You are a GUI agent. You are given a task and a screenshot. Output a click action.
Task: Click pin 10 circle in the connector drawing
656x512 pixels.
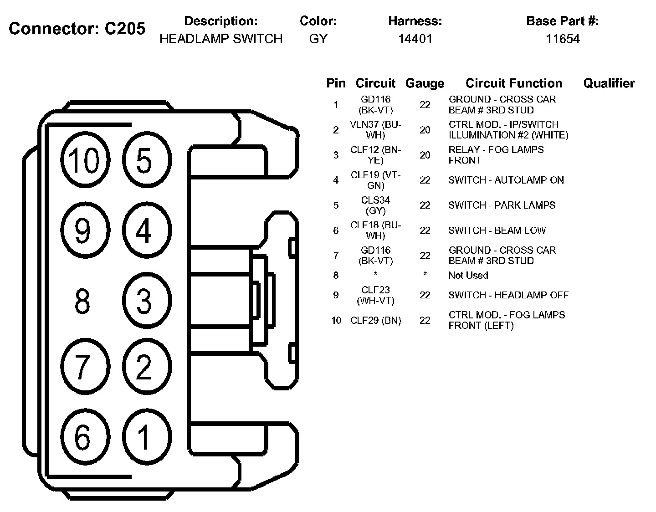click(85, 160)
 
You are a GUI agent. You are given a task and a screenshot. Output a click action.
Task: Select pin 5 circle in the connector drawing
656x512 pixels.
click(146, 160)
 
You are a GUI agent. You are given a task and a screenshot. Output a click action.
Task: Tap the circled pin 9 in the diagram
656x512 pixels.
click(85, 230)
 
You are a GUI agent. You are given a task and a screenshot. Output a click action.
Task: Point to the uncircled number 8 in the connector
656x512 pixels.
click(82, 301)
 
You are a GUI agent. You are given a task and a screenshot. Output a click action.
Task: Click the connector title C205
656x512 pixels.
click(77, 28)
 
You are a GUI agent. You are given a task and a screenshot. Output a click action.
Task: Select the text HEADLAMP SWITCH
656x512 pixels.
click(221, 39)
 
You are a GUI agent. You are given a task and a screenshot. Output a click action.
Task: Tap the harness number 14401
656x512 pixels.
click(415, 39)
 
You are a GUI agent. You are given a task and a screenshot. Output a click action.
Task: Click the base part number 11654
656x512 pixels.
click(563, 39)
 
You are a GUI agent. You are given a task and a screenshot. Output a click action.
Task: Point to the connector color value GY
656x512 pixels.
click(318, 39)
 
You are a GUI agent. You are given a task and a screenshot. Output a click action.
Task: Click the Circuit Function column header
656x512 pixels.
click(513, 83)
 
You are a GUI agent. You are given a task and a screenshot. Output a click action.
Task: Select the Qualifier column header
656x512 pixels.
click(609, 83)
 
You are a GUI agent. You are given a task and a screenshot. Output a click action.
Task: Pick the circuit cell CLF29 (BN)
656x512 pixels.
click(375, 320)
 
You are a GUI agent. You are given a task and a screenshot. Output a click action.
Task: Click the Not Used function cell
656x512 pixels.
click(468, 275)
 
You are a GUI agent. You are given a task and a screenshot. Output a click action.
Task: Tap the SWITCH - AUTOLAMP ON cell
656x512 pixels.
click(506, 180)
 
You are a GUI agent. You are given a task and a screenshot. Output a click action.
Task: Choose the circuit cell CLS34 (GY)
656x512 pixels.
click(375, 205)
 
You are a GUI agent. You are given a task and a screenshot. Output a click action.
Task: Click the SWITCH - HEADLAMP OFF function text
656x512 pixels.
click(508, 295)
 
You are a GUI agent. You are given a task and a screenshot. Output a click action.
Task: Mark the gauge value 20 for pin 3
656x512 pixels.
click(425, 155)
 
